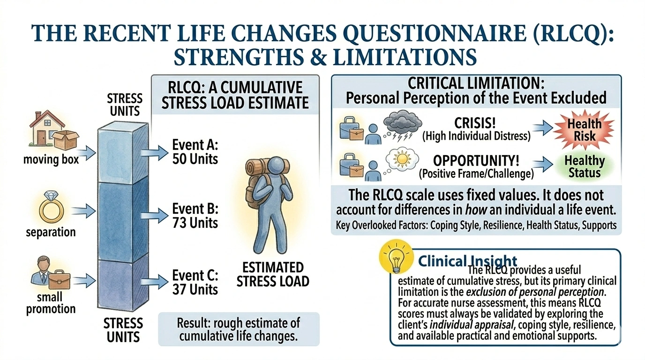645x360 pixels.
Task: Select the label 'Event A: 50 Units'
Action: (x=195, y=151)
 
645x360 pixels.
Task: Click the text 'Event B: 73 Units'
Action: (x=195, y=216)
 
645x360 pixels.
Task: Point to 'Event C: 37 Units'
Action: (x=195, y=282)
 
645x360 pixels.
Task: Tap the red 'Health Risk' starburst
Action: (x=584, y=130)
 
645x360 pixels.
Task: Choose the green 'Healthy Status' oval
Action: (x=584, y=166)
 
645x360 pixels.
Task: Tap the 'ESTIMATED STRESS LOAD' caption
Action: (x=273, y=274)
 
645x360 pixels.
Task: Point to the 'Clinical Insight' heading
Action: (x=467, y=261)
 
